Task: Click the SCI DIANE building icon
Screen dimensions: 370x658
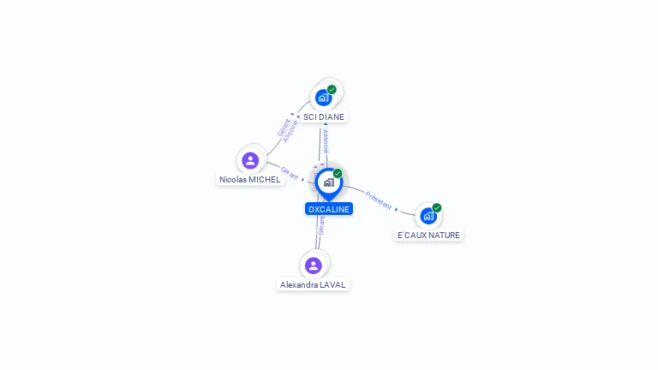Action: click(323, 97)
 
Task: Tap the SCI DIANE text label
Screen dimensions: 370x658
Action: click(324, 116)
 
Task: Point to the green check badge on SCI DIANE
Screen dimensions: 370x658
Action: click(332, 89)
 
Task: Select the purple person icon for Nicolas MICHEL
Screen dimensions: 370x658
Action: click(250, 160)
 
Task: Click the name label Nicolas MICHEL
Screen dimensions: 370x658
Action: click(250, 180)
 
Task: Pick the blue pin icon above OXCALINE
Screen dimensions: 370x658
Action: click(328, 182)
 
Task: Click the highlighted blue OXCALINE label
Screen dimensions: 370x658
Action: click(329, 209)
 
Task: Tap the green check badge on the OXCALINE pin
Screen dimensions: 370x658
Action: click(338, 174)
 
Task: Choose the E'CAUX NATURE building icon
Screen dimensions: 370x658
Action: click(428, 216)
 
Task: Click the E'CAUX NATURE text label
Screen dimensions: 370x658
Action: click(428, 235)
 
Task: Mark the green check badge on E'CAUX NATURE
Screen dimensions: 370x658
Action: click(437, 208)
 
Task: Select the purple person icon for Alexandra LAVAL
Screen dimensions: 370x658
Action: click(314, 266)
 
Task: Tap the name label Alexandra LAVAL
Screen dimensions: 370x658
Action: click(314, 284)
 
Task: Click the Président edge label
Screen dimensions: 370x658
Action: click(379, 200)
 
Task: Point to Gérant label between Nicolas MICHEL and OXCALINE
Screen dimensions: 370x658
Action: click(290, 173)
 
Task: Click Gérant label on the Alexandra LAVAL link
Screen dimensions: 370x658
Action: click(322, 225)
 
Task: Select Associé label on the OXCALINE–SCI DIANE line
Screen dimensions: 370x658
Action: click(326, 141)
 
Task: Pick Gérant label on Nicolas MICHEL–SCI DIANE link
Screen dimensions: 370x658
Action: click(284, 127)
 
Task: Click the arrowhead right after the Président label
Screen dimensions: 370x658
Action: click(396, 208)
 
